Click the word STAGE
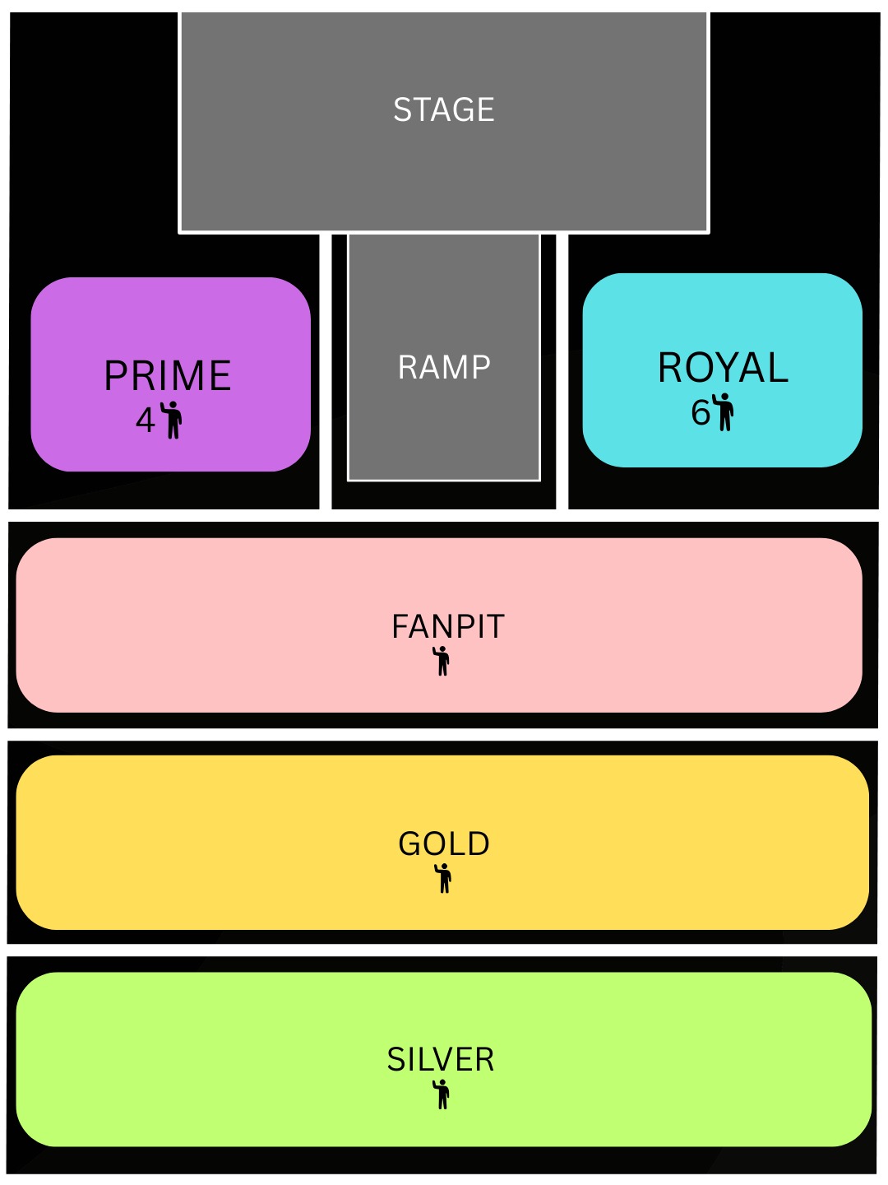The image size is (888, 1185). [x=444, y=109]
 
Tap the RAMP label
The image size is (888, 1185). [x=444, y=367]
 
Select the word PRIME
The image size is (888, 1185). [x=168, y=376]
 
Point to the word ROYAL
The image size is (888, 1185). [x=723, y=368]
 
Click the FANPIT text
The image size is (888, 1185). [x=447, y=627]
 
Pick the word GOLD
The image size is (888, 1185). [x=444, y=844]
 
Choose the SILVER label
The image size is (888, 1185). [x=441, y=1060]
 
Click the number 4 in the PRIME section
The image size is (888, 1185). [x=146, y=421]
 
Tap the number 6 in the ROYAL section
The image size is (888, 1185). [x=701, y=413]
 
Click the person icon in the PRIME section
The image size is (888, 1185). [x=172, y=420]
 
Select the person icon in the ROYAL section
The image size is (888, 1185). [x=724, y=411]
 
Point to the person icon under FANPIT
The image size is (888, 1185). [x=442, y=661]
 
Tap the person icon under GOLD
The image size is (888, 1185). [x=444, y=878]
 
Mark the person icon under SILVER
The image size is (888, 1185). [x=442, y=1094]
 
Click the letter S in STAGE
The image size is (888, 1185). [x=402, y=109]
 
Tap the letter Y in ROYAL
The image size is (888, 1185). [x=724, y=368]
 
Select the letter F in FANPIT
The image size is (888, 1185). [x=400, y=627]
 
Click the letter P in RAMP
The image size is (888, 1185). [x=481, y=367]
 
